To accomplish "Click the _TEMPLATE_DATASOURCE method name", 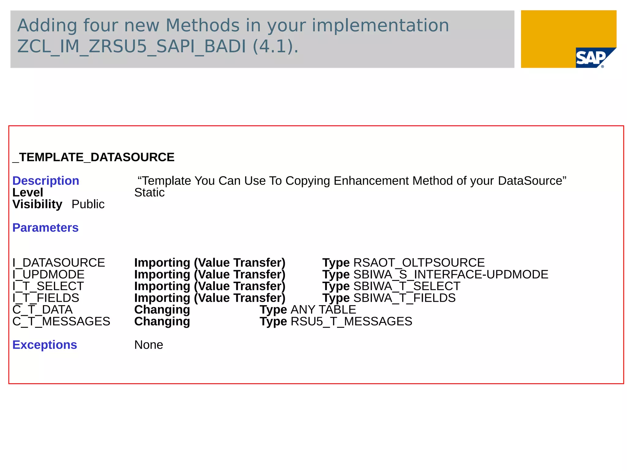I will coord(93,157).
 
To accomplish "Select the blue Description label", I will coord(46,181).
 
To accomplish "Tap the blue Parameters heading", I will coord(45,228).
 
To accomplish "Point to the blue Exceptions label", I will coord(45,345).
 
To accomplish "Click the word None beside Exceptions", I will coord(148,345).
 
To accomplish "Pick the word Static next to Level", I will coord(149,193).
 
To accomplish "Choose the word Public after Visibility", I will coord(88,204).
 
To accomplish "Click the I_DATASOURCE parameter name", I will coord(58,263).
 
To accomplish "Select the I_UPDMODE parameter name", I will coord(48,274).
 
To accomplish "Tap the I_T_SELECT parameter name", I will coord(48,286).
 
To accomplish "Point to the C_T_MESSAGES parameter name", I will coord(61,321).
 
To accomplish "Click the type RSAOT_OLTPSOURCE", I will coord(419,263).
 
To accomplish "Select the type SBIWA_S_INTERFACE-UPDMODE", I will coord(451,274).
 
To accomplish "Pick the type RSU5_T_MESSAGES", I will coord(351,321).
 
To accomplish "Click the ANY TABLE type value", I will coord(323,310).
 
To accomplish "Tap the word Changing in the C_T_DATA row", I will coord(162,310).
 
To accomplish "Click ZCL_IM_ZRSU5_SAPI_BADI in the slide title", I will coord(131,47).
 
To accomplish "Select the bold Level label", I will coord(28,193).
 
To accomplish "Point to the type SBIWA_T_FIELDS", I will coord(404,298).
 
